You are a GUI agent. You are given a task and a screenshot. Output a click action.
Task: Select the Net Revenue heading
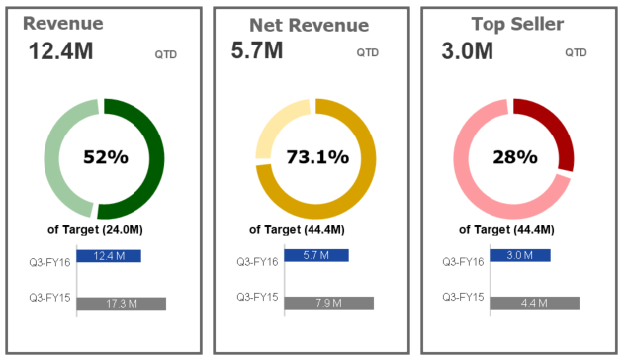click(295, 25)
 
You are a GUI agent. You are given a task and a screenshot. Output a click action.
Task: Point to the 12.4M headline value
click(60, 51)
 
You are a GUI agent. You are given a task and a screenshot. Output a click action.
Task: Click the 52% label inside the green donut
click(106, 157)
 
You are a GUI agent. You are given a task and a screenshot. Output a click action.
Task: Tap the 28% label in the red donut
click(514, 157)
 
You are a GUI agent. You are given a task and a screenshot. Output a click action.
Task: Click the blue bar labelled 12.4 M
click(109, 256)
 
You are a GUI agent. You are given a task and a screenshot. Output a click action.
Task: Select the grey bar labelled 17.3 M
click(121, 304)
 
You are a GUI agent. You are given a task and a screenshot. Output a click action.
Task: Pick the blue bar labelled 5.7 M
click(315, 255)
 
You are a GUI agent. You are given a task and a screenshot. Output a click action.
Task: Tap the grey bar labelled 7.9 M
click(328, 303)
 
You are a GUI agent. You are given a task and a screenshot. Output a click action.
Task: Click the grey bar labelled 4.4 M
click(534, 303)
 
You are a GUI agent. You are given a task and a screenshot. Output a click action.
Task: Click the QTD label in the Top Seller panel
click(576, 52)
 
